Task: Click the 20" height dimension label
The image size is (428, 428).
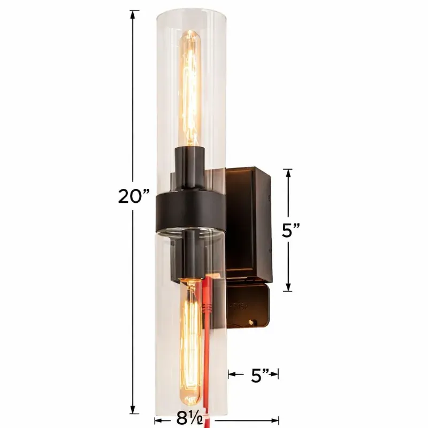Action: pyautogui.click(x=134, y=196)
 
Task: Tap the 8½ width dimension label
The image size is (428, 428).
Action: pyautogui.click(x=190, y=418)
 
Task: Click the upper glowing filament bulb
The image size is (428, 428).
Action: pyautogui.click(x=190, y=88)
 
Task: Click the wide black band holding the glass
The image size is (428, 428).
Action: pyautogui.click(x=191, y=210)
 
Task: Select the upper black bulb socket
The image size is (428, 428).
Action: pyautogui.click(x=190, y=167)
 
